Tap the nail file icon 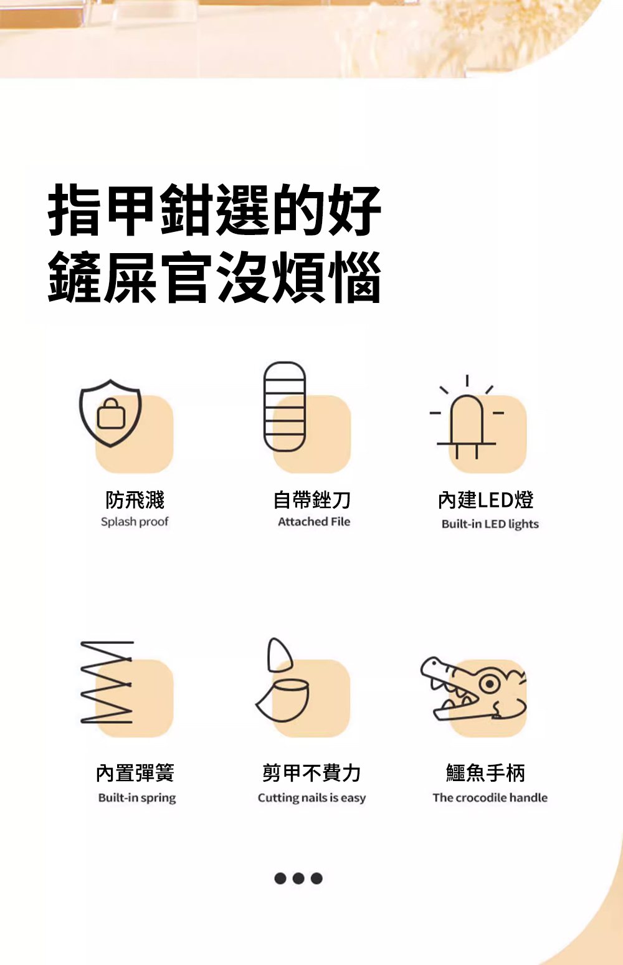click(285, 406)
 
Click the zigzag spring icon click(107, 682)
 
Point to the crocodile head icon click(473, 689)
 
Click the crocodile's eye click(490, 684)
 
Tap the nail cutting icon click(282, 681)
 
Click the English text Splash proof click(135, 522)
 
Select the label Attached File click(314, 522)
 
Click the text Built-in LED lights click(490, 524)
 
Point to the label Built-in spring click(137, 798)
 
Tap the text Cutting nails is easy click(311, 798)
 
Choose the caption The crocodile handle click(490, 797)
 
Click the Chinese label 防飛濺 click(135, 500)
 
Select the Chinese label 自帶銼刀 click(312, 500)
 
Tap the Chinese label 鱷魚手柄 click(486, 773)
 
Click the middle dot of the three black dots click(298, 878)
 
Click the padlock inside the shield click(111, 413)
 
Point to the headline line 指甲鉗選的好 click(214, 210)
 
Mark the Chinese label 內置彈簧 click(135, 773)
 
